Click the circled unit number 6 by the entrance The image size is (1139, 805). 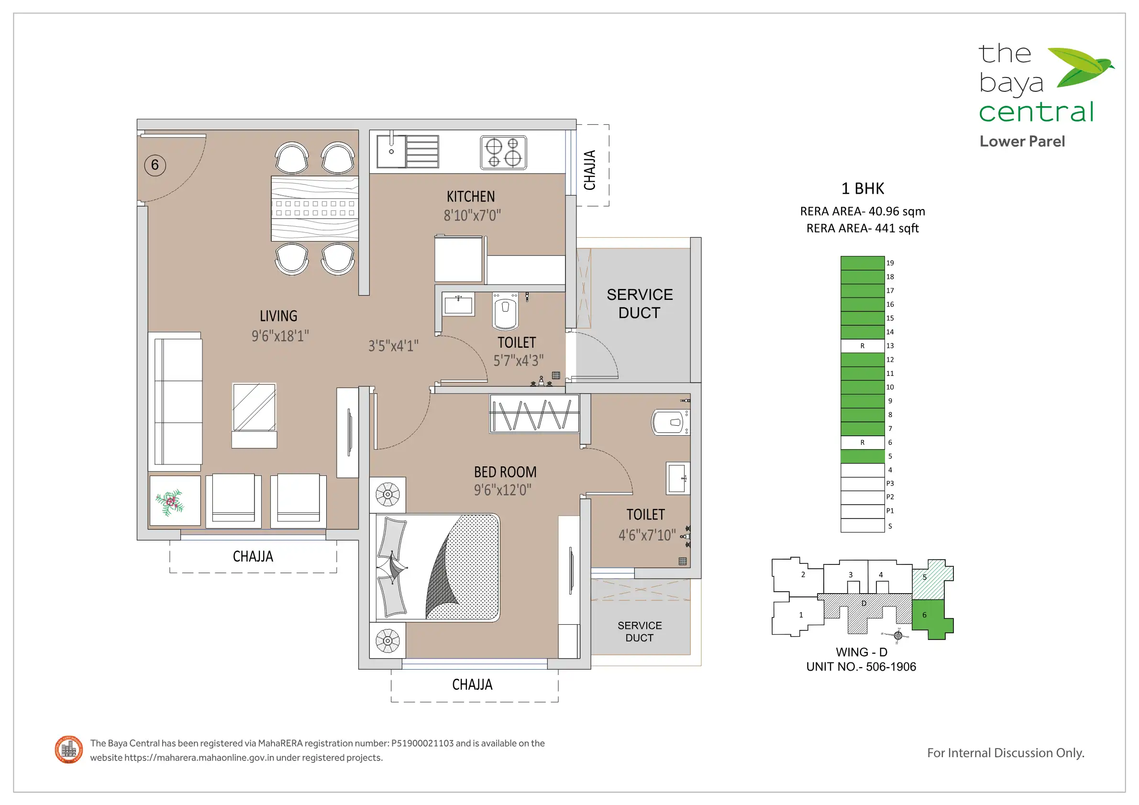pos(155,165)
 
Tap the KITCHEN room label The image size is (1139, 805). pos(470,197)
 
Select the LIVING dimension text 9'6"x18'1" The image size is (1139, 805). pos(280,336)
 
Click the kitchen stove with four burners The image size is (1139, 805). pos(504,153)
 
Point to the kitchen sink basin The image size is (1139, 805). pos(391,151)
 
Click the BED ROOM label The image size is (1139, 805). pos(505,472)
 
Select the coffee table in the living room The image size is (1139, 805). pos(254,416)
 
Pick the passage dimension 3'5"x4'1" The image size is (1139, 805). pos(393,346)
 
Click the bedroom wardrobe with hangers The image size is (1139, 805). pos(534,414)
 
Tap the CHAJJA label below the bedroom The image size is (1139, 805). pos(472,685)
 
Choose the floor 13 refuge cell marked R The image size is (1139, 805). pos(862,346)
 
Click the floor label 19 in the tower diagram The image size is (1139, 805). pos(890,263)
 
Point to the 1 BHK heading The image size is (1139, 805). pos(863,188)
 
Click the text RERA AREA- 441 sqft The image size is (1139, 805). pos(863,228)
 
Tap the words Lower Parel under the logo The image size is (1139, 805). pos(1022,142)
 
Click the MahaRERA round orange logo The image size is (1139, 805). pos(69,750)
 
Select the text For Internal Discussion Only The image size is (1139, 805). pos(1006,753)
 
